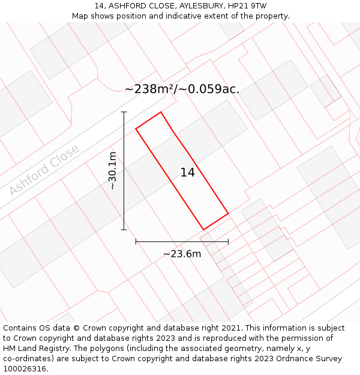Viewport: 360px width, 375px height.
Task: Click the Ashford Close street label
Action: pos(44,170)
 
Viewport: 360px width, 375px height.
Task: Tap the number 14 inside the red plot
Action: pos(187,173)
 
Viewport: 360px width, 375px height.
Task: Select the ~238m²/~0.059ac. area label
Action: pos(182,89)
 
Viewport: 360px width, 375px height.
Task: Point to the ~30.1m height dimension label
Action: pos(112,171)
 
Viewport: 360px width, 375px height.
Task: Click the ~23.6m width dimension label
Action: pos(182,254)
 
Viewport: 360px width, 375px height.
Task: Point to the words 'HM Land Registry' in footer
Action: pos(38,349)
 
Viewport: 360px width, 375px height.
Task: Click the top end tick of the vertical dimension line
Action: pos(124,112)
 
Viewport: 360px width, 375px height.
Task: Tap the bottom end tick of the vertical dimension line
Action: pos(124,230)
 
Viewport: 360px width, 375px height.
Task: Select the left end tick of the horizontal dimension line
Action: pos(136,242)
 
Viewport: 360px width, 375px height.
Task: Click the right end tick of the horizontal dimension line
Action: pos(228,242)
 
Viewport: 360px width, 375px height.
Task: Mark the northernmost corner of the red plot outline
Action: pos(161,112)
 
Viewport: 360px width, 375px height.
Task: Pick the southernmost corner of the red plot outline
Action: pos(204,230)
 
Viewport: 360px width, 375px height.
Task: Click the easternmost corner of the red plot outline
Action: pos(228,214)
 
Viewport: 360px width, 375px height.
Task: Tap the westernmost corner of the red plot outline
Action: pos(136,128)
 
